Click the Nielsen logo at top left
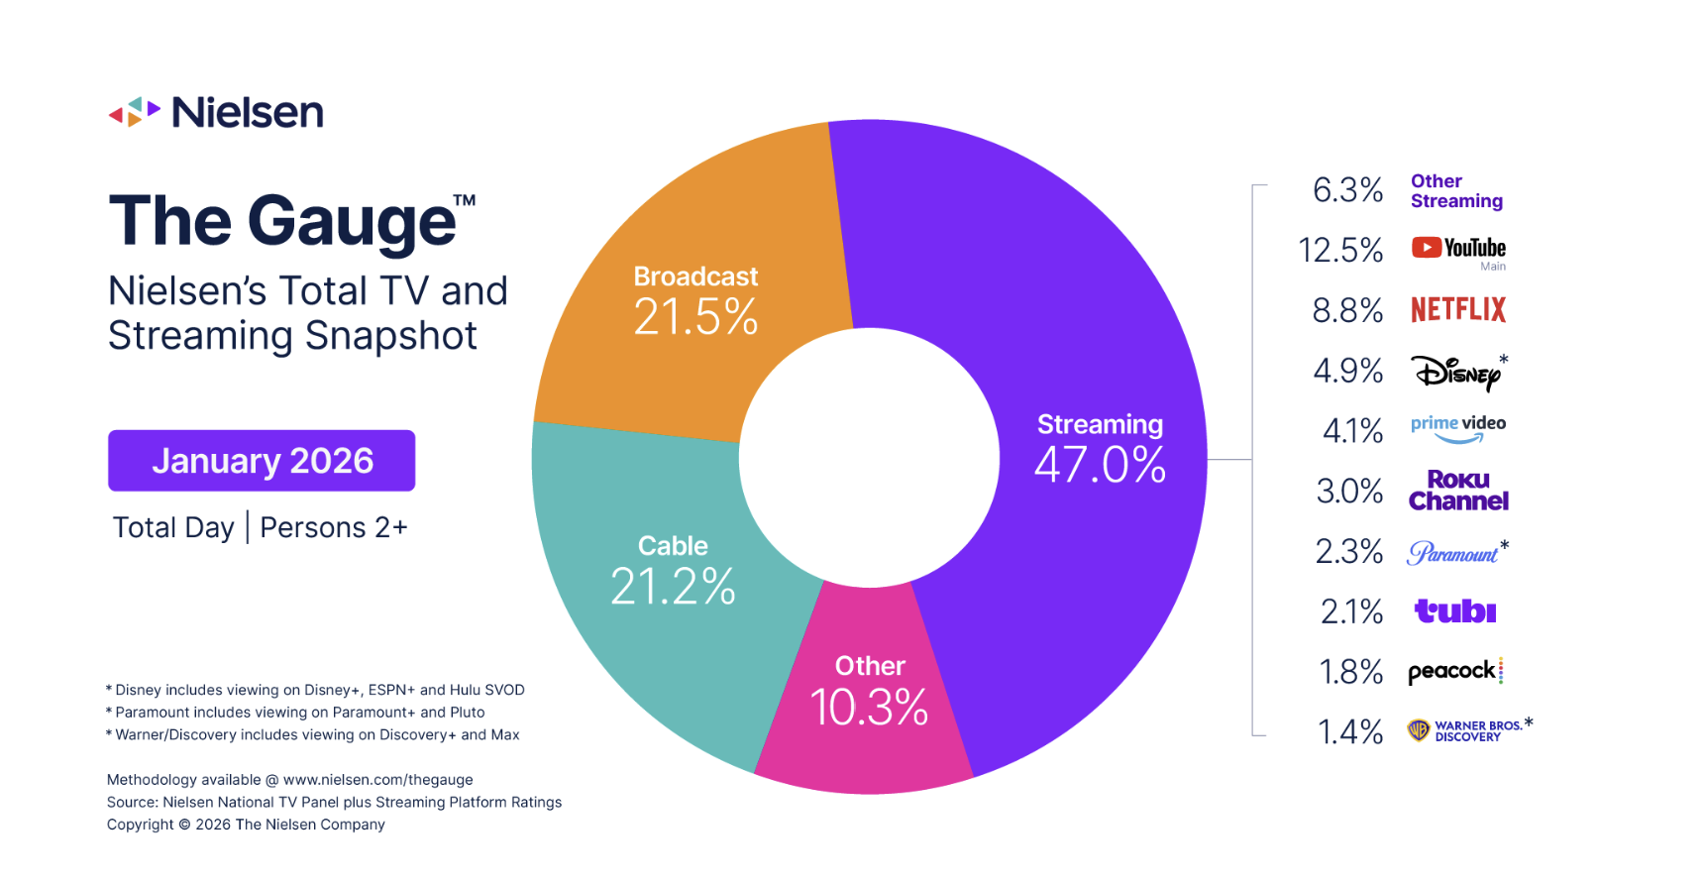click(x=216, y=113)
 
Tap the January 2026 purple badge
click(x=262, y=461)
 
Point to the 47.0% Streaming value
click(x=1100, y=465)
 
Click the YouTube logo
click(x=1457, y=248)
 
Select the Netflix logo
click(x=1457, y=310)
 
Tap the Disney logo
click(x=1455, y=373)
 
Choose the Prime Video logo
click(x=1457, y=429)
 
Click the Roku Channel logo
click(x=1458, y=492)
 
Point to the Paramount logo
click(x=1452, y=553)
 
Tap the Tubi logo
click(x=1454, y=611)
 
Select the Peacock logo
click(x=1454, y=672)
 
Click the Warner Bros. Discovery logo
click(x=1466, y=731)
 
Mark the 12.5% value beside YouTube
click(x=1340, y=250)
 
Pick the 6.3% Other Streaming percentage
click(x=1347, y=189)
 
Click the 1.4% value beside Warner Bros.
click(x=1349, y=732)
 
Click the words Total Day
click(x=173, y=527)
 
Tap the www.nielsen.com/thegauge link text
click(x=377, y=780)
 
